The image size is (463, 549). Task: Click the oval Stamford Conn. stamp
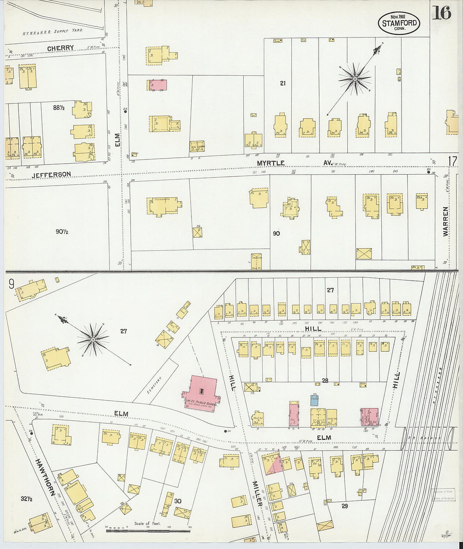[x=399, y=23]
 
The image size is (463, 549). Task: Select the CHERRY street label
[x=60, y=48]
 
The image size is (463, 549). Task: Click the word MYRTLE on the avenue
[x=271, y=163]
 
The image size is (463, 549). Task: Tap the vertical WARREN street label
[x=446, y=221]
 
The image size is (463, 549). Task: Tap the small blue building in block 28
[x=314, y=400]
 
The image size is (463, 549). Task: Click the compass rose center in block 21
[x=355, y=79]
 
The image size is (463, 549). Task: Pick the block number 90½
[x=61, y=231]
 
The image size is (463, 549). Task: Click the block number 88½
[x=58, y=108]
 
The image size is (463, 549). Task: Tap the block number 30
[x=178, y=501]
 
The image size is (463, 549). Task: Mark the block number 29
[x=344, y=506]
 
